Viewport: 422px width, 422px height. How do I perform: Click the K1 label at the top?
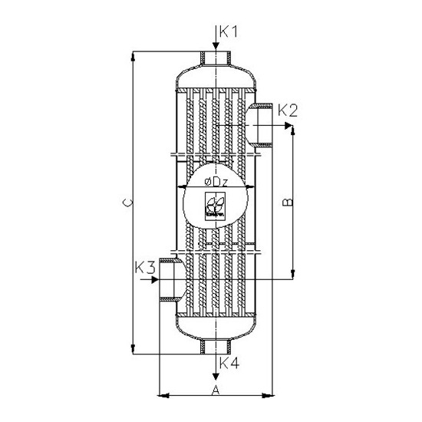coord(229,32)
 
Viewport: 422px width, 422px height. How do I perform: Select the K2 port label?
coord(287,110)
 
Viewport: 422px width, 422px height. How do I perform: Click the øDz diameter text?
coord(216,181)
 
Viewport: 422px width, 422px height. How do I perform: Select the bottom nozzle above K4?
coord(216,348)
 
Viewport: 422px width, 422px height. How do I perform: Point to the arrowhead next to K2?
coord(289,124)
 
